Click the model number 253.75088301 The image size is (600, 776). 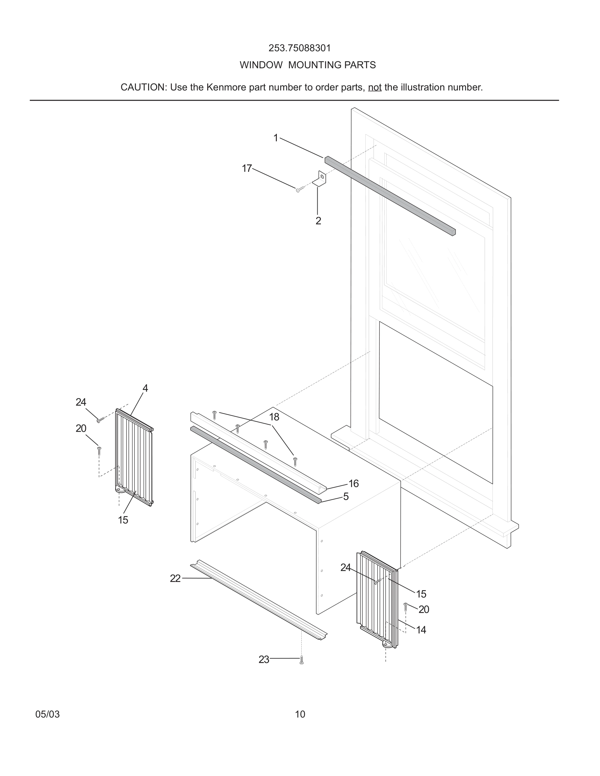point(299,48)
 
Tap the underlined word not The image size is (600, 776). point(374,88)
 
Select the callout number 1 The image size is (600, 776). point(275,138)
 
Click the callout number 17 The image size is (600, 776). point(247,168)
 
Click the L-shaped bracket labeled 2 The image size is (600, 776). point(320,179)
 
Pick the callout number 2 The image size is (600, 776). point(318,221)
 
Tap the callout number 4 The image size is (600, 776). point(145,388)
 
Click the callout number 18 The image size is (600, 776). point(274,417)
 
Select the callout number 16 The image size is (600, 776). point(353,483)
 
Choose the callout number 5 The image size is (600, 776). point(346,496)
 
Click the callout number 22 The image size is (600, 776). point(175,578)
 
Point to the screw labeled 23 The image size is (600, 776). point(301,660)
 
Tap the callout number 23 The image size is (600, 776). point(264,659)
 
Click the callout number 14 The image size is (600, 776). point(421,630)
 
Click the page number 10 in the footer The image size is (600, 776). point(300,714)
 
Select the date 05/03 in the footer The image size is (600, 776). point(47,714)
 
